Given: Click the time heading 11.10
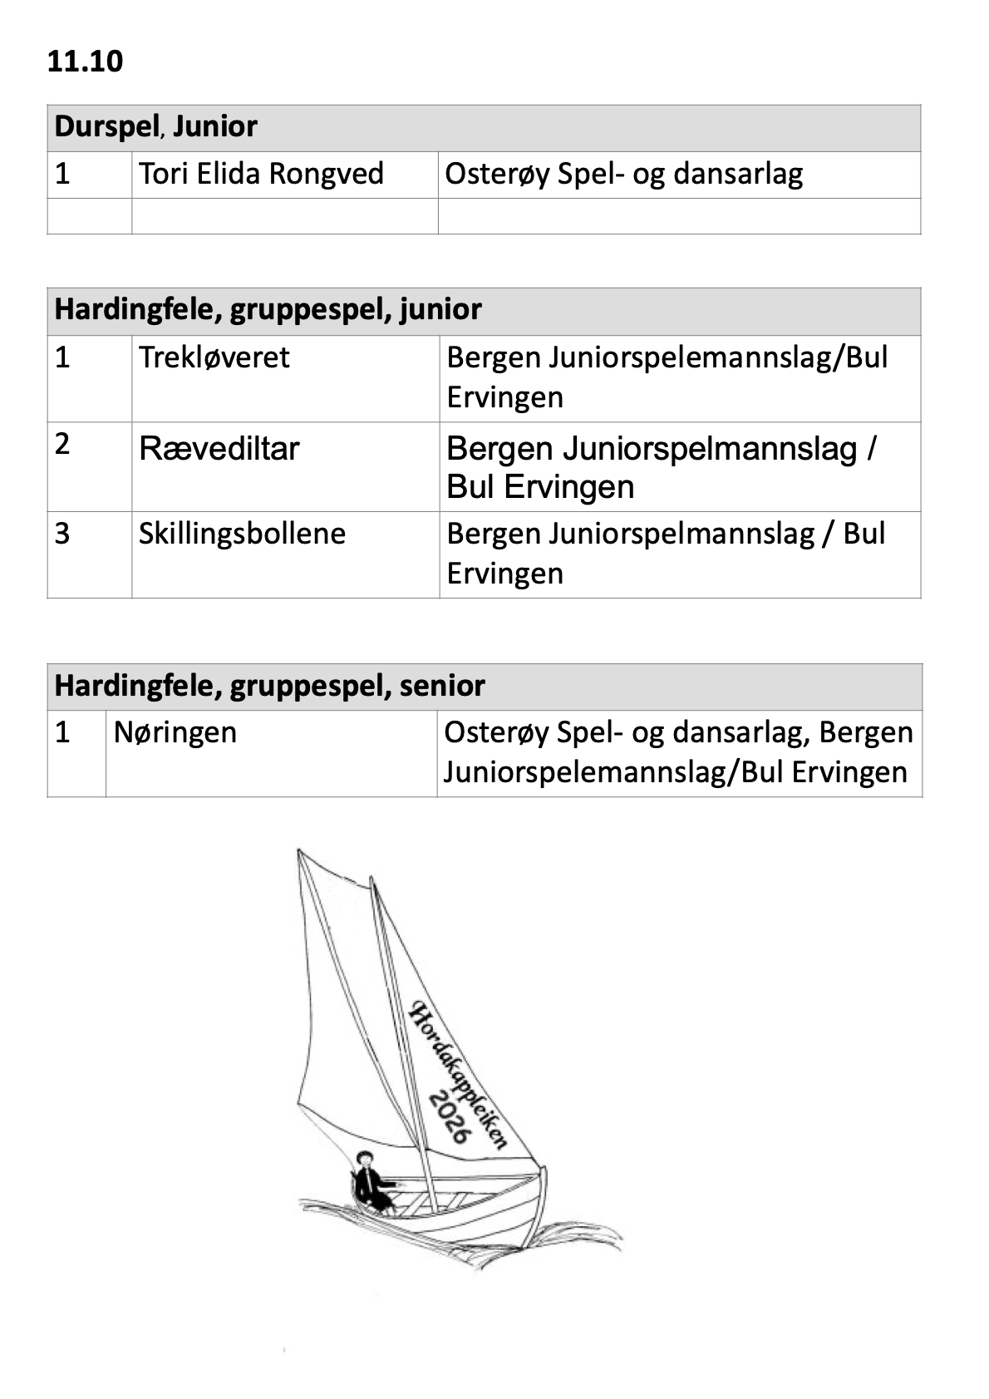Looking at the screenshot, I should tap(85, 62).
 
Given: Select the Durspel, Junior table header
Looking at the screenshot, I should tap(156, 127).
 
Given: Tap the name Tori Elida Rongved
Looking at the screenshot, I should tap(261, 175).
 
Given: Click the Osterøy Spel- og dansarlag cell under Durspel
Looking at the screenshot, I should tap(623, 175).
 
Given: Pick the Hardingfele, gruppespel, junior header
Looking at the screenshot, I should tap(268, 310).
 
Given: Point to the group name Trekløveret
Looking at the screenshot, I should tap(214, 357).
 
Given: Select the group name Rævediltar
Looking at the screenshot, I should tap(219, 449).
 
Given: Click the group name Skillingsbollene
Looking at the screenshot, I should tap(242, 534).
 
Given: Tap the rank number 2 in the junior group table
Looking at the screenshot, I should tap(62, 444).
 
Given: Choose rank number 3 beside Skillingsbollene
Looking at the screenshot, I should tap(62, 534).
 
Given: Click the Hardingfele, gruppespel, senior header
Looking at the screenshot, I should tap(269, 687).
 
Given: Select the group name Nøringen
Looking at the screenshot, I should tap(175, 733).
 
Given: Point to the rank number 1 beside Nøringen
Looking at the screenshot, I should tap(62, 733).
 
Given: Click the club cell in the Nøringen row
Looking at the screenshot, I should tap(677, 752).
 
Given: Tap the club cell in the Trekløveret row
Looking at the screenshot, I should tap(667, 377).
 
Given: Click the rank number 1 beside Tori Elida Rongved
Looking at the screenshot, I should tap(62, 175).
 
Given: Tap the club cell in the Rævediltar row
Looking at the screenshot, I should tap(661, 467).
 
